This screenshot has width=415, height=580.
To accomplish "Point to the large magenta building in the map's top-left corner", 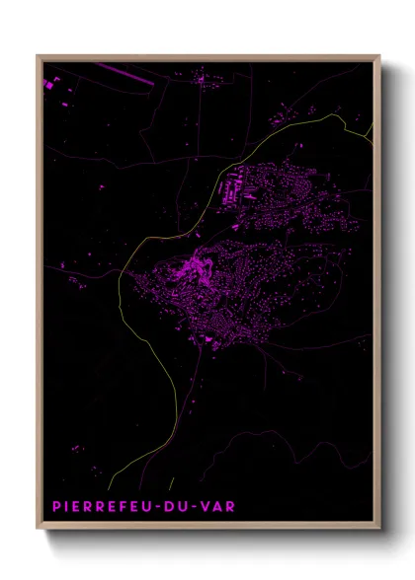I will [47, 86].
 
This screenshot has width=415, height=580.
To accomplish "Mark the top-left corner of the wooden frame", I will [38, 56].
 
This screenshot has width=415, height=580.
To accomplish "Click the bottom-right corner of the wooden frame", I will [380, 531].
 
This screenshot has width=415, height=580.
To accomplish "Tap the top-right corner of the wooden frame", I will [380, 56].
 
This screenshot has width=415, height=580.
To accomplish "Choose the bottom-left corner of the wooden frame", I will [38, 531].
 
